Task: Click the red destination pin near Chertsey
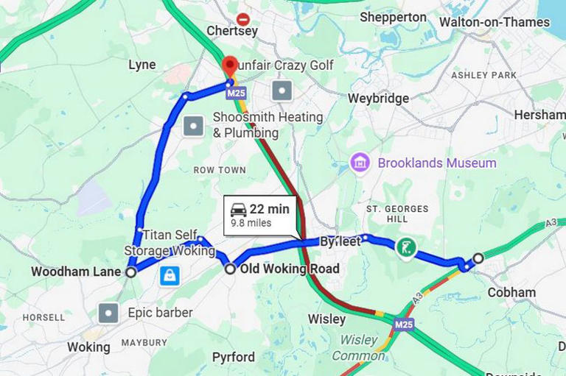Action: click(230, 65)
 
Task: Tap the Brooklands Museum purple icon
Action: click(360, 163)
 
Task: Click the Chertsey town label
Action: click(232, 32)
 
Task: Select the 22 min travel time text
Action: click(269, 210)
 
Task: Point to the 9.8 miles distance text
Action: click(251, 223)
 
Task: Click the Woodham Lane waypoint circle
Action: click(131, 272)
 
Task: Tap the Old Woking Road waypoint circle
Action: click(230, 269)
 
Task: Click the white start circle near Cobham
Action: click(478, 258)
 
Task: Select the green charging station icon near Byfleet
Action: click(405, 248)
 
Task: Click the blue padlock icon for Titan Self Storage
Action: click(170, 276)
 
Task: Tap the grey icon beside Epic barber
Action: click(109, 313)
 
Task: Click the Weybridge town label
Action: click(378, 99)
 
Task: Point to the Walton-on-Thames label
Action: click(495, 22)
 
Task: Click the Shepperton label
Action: click(393, 17)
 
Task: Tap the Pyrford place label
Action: click(234, 358)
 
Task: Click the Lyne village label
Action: click(142, 65)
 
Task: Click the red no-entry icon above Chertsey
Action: click(242, 19)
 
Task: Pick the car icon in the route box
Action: click(239, 210)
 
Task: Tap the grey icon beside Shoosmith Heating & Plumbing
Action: click(193, 126)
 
